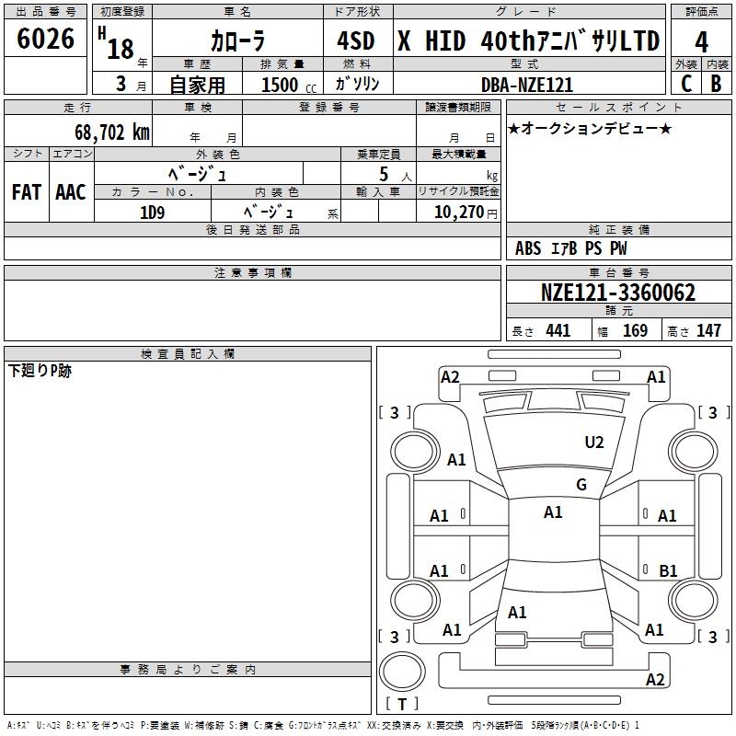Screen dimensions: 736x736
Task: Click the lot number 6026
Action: [46, 40]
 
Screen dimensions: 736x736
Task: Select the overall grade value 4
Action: [702, 40]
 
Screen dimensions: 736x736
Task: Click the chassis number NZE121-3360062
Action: [617, 293]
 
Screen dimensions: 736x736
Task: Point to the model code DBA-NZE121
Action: [529, 85]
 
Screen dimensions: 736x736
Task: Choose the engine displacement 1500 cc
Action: [280, 85]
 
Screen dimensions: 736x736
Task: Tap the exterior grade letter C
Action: [685, 84]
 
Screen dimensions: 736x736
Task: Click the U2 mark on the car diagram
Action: [594, 443]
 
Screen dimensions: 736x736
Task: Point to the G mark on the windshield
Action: [581, 485]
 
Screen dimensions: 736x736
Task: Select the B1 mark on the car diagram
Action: [668, 571]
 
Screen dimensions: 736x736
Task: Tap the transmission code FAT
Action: [26, 192]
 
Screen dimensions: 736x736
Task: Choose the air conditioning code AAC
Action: [70, 192]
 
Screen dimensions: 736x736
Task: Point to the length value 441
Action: [558, 331]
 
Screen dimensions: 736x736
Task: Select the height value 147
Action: [708, 331]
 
